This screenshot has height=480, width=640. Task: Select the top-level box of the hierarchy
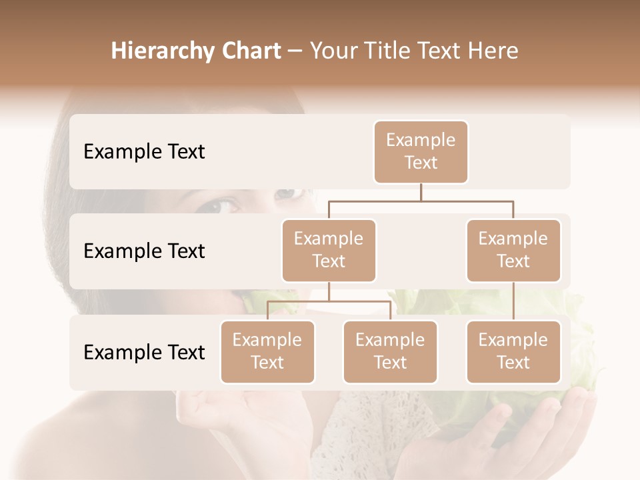point(421,152)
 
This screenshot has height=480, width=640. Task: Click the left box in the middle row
point(329,251)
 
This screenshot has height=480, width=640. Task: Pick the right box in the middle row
point(513,251)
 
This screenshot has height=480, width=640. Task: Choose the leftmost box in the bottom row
point(267,352)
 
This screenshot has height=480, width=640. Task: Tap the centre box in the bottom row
point(390,352)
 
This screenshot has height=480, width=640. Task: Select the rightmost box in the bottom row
point(513,352)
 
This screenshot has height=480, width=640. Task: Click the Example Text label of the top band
point(144,152)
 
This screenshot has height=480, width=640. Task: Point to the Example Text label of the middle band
point(144,251)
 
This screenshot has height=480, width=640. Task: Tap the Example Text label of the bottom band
point(144,352)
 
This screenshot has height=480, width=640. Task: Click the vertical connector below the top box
point(421,192)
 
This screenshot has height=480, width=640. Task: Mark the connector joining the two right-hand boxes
point(513,301)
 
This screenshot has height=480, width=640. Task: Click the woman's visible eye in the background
point(225,205)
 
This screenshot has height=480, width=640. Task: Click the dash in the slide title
point(295,51)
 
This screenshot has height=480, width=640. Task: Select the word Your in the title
point(331,51)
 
